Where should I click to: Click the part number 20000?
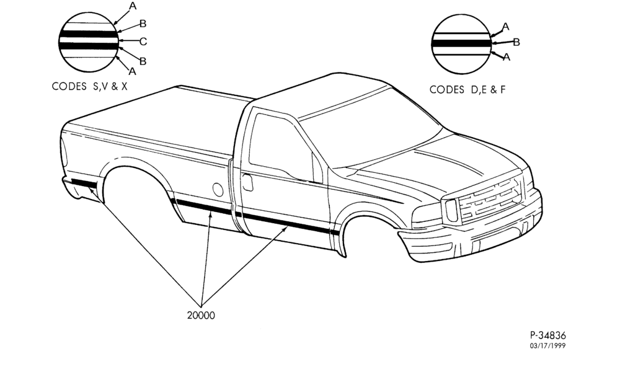(x=201, y=315)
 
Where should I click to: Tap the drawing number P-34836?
(x=547, y=335)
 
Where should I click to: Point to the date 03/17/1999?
(x=547, y=346)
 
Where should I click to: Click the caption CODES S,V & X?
(x=90, y=86)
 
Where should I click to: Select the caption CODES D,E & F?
(x=467, y=89)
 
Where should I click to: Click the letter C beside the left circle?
(x=143, y=41)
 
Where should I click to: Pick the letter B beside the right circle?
(x=516, y=42)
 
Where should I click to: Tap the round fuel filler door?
(x=218, y=189)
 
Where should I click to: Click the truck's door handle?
(x=247, y=183)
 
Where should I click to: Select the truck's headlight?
(x=451, y=210)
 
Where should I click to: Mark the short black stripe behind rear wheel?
(x=84, y=183)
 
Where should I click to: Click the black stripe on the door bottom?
(x=291, y=224)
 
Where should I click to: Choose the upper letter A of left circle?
(x=133, y=6)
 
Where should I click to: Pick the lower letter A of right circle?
(x=507, y=57)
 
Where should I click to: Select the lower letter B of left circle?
(x=143, y=61)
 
